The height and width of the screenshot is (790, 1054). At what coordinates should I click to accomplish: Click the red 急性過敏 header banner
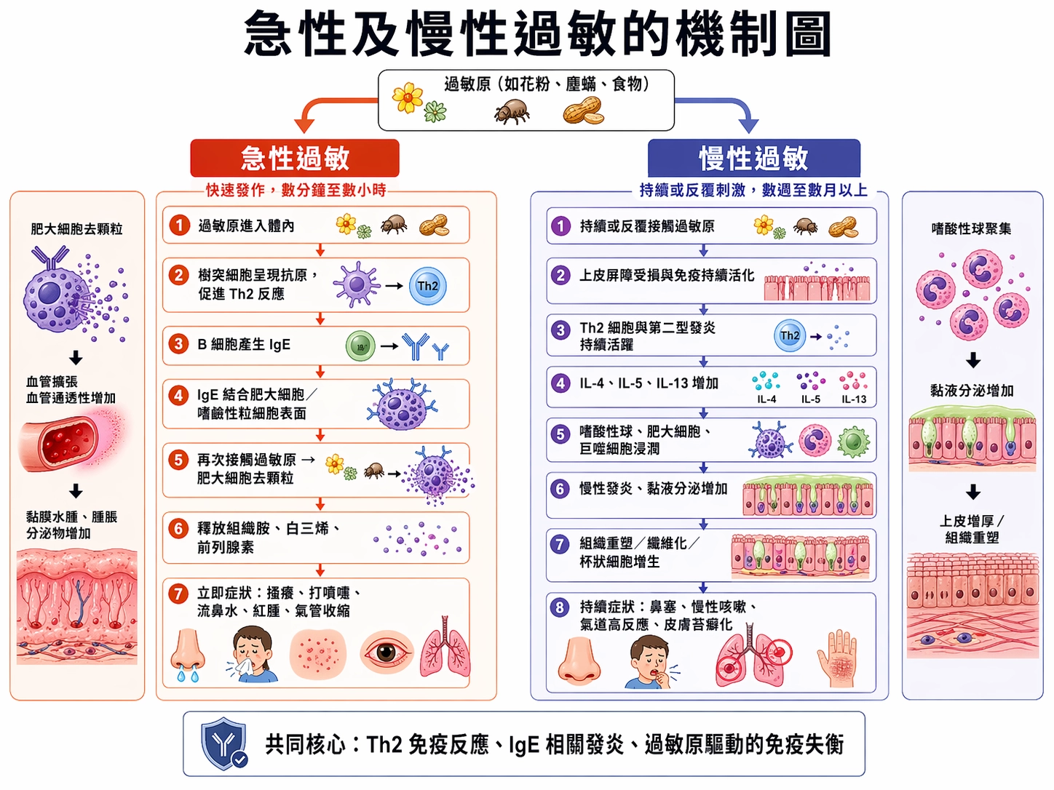(x=295, y=158)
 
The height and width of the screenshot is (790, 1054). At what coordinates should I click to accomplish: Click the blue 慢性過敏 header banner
(x=753, y=158)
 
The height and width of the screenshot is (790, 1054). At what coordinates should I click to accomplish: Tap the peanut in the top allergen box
(x=583, y=112)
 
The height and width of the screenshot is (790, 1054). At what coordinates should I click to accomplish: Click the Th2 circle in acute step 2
(x=427, y=286)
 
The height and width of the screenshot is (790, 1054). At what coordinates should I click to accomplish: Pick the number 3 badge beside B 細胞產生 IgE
(x=178, y=344)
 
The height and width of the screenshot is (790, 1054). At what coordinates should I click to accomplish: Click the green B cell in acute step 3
(x=360, y=346)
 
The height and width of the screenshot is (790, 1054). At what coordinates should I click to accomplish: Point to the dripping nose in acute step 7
(x=188, y=653)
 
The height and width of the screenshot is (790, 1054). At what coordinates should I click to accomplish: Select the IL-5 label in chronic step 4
(x=811, y=399)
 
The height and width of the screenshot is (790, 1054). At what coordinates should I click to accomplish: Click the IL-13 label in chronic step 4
(x=854, y=399)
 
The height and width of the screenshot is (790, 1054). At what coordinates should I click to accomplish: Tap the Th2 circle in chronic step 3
(x=790, y=336)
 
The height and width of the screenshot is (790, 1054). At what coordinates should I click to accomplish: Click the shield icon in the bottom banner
(x=224, y=743)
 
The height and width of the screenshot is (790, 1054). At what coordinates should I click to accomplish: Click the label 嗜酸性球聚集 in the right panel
(x=971, y=229)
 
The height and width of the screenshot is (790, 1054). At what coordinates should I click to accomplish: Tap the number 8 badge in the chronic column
(x=560, y=607)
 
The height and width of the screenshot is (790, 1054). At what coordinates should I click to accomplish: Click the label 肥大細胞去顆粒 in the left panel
(x=76, y=229)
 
